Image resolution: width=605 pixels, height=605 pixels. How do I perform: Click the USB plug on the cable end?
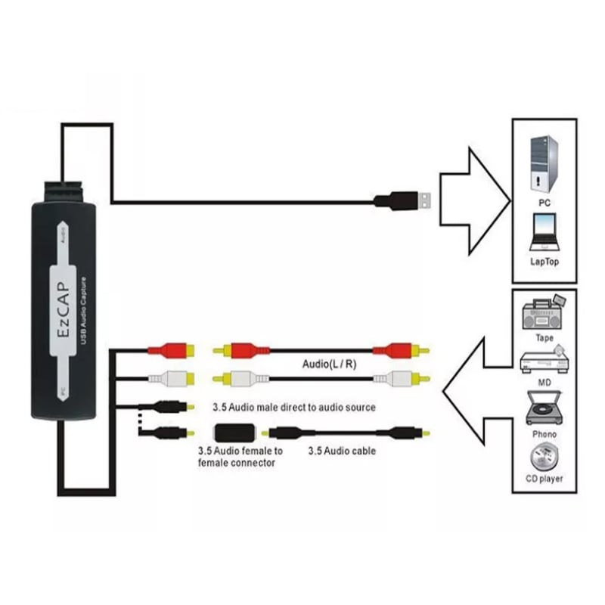[x=405, y=200]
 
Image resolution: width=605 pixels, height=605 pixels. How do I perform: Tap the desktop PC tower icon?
[x=544, y=165]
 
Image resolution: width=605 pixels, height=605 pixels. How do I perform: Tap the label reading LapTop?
[x=544, y=262]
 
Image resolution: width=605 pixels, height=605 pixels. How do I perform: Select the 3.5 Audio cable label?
[x=342, y=451]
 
